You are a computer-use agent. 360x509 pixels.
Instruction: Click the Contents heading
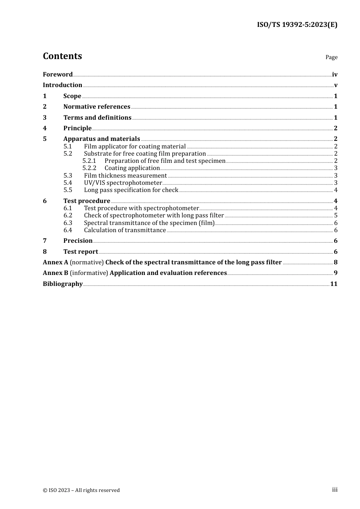point(62,56)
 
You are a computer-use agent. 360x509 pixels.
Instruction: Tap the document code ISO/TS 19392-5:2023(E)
point(297,25)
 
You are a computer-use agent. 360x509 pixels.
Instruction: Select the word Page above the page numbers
point(331,57)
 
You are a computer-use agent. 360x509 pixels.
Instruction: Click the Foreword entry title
point(58,75)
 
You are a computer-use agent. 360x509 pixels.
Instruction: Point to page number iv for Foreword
point(335,75)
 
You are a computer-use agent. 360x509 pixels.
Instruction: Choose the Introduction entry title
point(63,85)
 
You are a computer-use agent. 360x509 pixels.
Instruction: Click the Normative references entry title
point(97,107)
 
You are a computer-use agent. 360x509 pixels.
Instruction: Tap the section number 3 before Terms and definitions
point(45,118)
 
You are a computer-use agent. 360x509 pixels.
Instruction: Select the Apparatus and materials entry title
point(102,139)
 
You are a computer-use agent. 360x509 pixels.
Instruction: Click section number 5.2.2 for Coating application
point(89,168)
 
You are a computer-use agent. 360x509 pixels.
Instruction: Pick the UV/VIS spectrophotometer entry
point(123,183)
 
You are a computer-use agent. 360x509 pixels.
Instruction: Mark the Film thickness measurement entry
point(125,176)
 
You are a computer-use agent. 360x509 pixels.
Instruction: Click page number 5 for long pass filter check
point(336,215)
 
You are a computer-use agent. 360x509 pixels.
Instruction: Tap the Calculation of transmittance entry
point(125,230)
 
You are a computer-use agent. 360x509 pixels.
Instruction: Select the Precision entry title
point(78,241)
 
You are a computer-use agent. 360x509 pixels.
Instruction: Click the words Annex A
point(55,262)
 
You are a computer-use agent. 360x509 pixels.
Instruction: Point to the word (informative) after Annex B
point(89,273)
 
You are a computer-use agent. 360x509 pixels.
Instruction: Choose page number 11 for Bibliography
point(334,284)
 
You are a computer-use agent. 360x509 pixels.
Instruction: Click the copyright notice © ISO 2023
point(81,490)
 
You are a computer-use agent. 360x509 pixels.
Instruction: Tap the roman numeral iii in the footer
point(335,490)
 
